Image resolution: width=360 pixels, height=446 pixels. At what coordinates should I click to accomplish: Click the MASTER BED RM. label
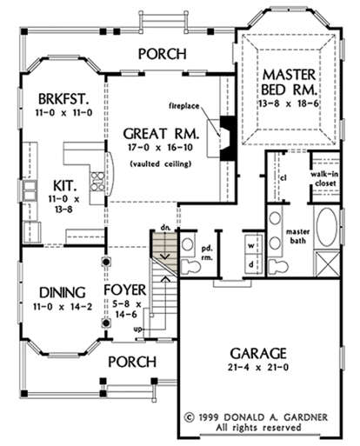[x=289, y=83]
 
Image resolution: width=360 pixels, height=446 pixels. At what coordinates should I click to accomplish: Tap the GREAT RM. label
[x=161, y=134]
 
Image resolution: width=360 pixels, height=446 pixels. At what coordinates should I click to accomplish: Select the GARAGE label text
[x=258, y=353]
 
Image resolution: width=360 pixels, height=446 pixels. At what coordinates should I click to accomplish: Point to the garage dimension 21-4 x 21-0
[x=258, y=368]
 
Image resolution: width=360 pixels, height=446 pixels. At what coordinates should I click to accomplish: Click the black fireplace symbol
[x=227, y=138]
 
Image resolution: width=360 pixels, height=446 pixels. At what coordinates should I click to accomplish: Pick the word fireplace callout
[x=184, y=106]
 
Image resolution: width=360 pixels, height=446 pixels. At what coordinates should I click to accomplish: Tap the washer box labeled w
[x=251, y=246]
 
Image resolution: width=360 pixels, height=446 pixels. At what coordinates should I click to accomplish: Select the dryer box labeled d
[x=251, y=264]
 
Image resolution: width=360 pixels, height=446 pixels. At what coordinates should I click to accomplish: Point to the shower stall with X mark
[x=328, y=264]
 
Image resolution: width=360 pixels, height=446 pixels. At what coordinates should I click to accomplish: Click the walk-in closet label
[x=324, y=179]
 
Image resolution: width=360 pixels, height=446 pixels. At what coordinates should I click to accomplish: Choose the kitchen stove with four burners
[x=97, y=182]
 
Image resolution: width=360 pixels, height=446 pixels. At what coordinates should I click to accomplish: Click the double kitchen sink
[x=30, y=190]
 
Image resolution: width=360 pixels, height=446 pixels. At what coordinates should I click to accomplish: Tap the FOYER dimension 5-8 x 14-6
[x=126, y=310]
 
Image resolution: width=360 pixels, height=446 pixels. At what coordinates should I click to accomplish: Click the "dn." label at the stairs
[x=165, y=227]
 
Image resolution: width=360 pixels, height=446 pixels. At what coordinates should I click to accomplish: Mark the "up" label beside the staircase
[x=138, y=330]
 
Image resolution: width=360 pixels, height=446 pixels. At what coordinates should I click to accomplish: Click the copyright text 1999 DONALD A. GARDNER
[x=257, y=417]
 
